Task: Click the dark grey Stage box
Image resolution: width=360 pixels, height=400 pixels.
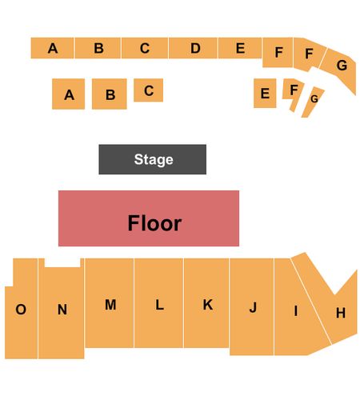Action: [152, 159]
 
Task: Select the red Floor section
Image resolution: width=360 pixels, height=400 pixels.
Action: [149, 218]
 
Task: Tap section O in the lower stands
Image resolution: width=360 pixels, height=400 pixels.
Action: [21, 309]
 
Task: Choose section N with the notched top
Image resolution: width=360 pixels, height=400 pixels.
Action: [62, 310]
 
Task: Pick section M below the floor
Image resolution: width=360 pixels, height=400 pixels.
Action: [110, 303]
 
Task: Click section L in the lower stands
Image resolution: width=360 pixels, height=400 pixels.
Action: [158, 303]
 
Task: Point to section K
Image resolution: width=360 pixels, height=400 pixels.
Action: [206, 303]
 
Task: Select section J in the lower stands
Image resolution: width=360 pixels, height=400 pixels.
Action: [251, 306]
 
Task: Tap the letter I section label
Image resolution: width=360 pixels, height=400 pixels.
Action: [295, 310]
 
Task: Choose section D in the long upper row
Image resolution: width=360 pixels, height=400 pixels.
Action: [193, 48]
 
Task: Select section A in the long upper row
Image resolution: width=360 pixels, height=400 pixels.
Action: [52, 48]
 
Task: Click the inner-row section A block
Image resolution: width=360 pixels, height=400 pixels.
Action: [68, 94]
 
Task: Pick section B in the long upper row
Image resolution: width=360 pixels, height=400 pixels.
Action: [98, 48]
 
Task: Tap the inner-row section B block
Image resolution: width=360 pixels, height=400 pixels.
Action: [110, 94]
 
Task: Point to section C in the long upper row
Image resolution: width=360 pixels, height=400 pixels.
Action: [145, 48]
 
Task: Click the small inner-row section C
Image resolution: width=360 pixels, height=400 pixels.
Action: [148, 90]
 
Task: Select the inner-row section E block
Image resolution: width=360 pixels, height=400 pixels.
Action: [265, 93]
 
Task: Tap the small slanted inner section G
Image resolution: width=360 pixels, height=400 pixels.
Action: [313, 102]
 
